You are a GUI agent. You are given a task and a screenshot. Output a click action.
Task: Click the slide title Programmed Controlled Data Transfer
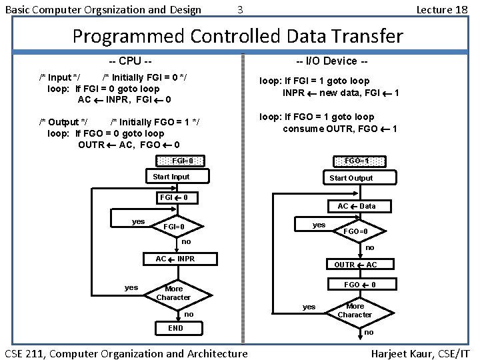click(x=237, y=35)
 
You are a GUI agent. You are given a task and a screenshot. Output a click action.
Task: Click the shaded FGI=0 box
click(x=182, y=161)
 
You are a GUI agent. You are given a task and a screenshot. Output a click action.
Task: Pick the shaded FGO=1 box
click(x=356, y=161)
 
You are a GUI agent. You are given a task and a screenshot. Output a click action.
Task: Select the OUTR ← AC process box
click(x=356, y=265)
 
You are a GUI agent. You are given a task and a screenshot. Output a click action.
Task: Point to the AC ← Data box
click(x=356, y=206)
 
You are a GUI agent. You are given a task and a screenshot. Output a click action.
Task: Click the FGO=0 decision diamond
click(x=355, y=231)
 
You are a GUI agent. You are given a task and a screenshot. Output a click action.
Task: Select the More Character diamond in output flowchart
click(x=355, y=311)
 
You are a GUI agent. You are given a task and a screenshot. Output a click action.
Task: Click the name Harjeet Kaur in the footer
click(x=399, y=353)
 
